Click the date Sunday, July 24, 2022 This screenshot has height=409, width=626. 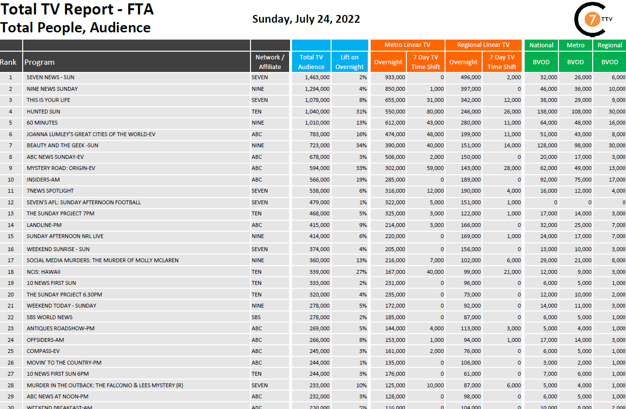click(x=306, y=19)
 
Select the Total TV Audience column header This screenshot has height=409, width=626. click(x=311, y=62)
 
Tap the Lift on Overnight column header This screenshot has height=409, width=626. click(x=349, y=62)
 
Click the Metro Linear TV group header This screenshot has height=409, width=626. click(x=407, y=45)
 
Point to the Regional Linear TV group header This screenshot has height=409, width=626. click(x=483, y=45)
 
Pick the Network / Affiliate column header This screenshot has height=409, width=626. click(x=270, y=62)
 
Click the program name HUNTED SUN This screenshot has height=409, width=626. click(x=43, y=112)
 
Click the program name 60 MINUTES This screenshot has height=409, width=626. click(x=42, y=123)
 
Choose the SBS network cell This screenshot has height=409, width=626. click(x=256, y=317)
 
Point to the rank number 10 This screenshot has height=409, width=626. click(x=11, y=180)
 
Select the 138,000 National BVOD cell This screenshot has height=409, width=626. click(x=547, y=112)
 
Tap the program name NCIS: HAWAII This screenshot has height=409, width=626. click(x=43, y=272)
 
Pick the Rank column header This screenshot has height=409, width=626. click(x=8, y=62)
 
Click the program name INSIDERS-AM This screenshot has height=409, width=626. click(x=43, y=180)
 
